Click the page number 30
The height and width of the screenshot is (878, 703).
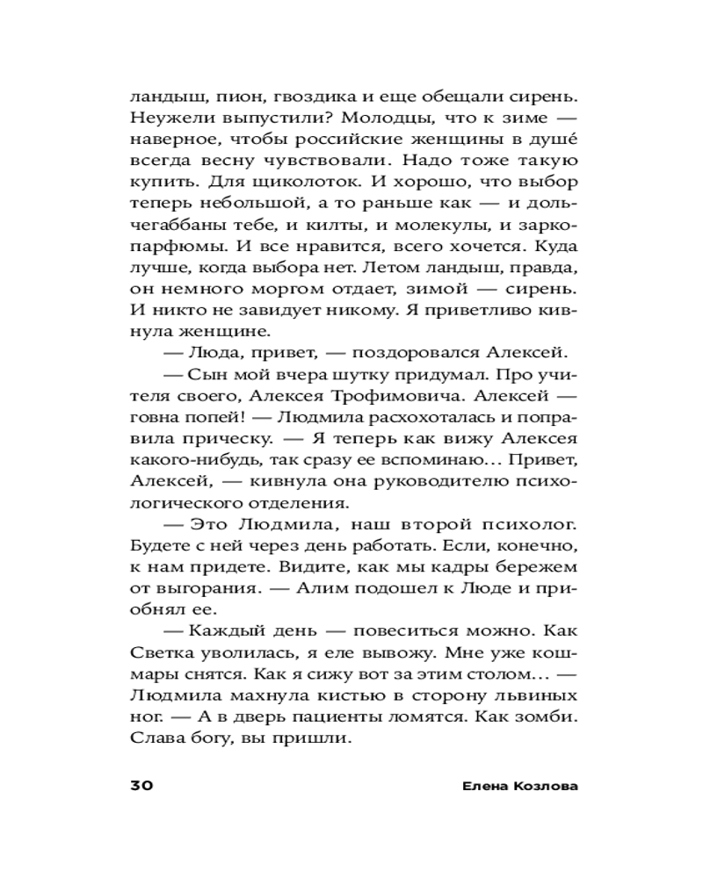(x=141, y=785)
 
